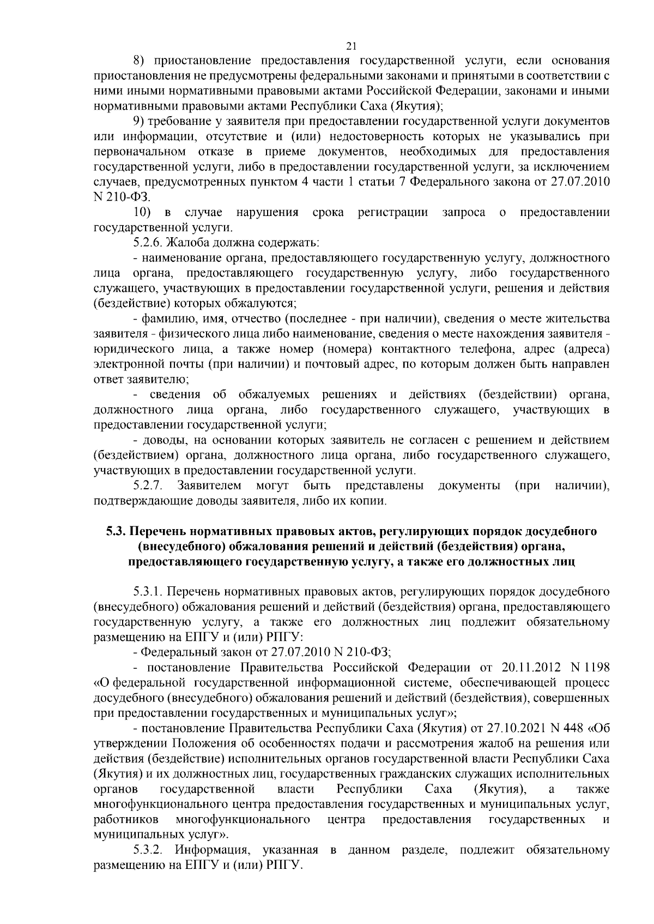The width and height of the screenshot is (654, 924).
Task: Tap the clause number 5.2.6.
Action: pyautogui.click(x=148, y=242)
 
